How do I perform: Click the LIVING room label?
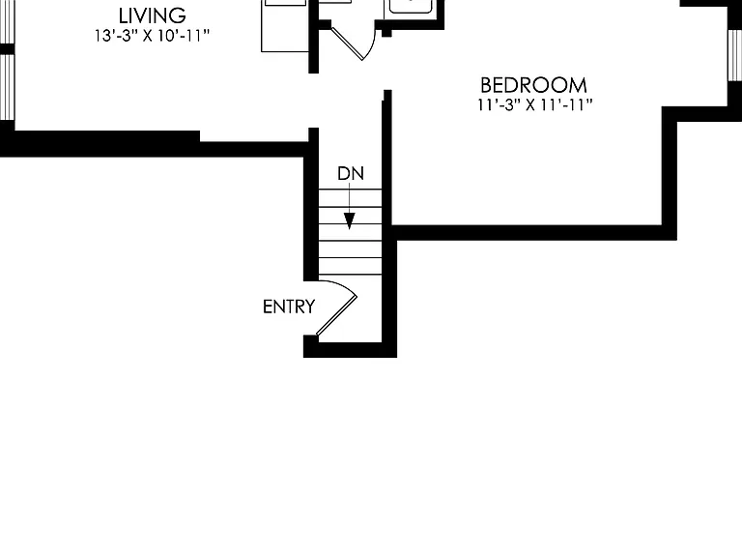(152, 16)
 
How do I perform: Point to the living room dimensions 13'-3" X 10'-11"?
(152, 36)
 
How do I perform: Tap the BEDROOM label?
(533, 86)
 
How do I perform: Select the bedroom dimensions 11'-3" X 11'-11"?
(534, 104)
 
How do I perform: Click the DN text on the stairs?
(351, 174)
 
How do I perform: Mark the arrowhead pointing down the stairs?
(349, 221)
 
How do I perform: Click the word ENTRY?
(289, 307)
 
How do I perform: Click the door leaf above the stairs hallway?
(348, 44)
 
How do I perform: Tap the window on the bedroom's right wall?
(734, 55)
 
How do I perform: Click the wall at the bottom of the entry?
(350, 349)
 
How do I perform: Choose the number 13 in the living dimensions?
(103, 36)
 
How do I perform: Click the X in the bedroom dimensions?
(530, 105)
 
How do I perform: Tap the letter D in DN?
(343, 174)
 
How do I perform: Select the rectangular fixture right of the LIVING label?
(285, 25)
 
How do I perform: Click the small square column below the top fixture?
(386, 32)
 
